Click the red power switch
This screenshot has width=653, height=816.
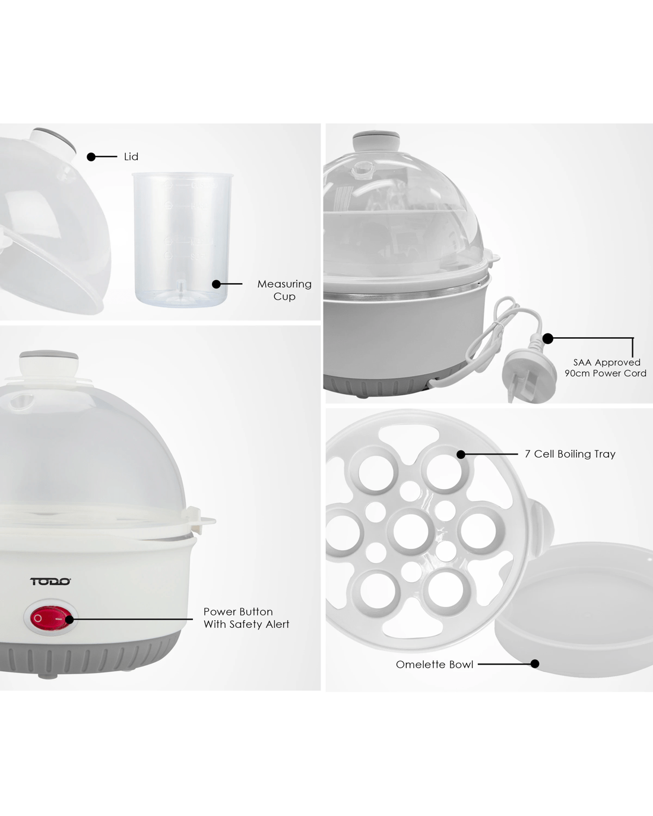point(49,618)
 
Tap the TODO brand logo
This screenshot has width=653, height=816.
point(50,581)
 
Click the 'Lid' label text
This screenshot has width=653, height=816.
point(131,157)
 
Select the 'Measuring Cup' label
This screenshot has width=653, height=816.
point(284,290)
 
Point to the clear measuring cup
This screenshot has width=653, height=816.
point(182,239)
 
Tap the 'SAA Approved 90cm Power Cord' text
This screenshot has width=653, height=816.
point(606,368)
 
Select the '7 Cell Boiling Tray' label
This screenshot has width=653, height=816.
point(570,454)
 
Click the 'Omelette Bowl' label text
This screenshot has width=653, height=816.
point(435,664)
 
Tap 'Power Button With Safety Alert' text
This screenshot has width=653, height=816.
point(246,618)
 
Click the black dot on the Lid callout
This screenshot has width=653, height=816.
point(91,157)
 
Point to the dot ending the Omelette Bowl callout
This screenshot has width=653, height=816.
point(535,664)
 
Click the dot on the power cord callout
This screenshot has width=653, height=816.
point(547,338)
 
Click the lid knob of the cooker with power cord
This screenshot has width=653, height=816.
point(376,141)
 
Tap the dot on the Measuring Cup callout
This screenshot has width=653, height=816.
point(216,284)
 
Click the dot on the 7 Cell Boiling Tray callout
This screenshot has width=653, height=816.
point(461,454)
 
